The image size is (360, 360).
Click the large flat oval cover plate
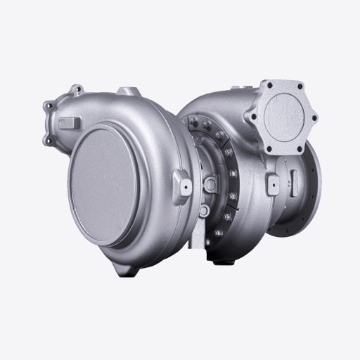pos(105,185)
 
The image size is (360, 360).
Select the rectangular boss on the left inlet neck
pos(70,123)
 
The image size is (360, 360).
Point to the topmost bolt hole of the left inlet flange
pos(76,89)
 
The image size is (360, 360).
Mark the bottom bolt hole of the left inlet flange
pos(49,140)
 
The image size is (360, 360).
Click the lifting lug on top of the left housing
pos(127,91)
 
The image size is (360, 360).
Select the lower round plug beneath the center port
pos(203,210)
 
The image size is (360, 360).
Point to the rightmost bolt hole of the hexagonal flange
pos(313,117)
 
